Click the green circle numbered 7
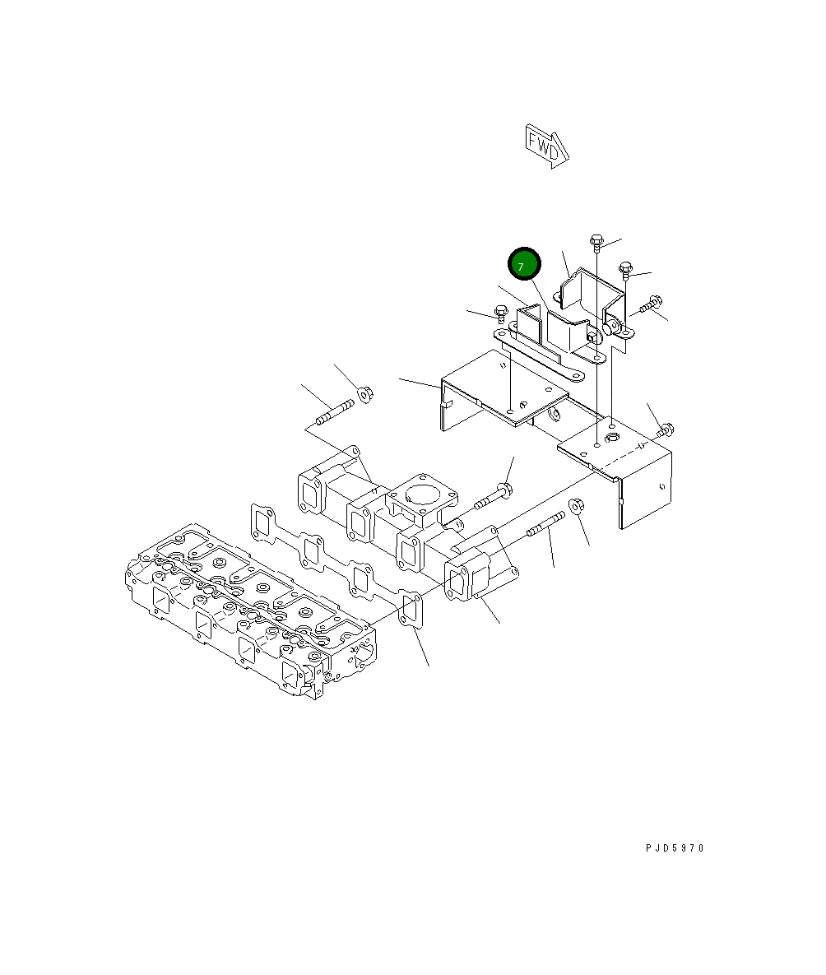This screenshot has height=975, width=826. tap(524, 263)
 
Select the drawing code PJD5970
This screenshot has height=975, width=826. tap(675, 847)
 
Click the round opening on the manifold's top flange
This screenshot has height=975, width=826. tap(423, 494)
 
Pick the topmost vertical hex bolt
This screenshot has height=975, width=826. tap(596, 243)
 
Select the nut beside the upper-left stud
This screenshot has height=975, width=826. tap(365, 393)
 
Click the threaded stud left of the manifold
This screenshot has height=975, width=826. tap(335, 412)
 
